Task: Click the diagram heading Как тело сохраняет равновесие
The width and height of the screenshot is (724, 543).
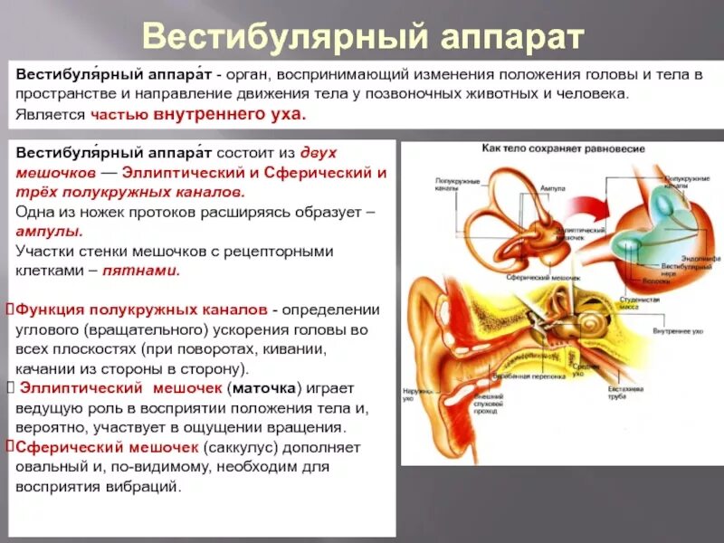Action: [563, 148]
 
